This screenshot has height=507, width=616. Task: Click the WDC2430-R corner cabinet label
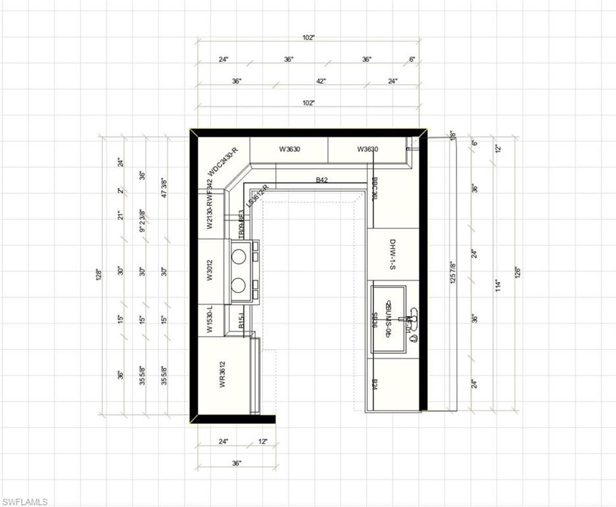[222, 160]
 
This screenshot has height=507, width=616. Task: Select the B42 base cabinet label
[321, 180]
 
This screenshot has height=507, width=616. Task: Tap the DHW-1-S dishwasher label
[392, 253]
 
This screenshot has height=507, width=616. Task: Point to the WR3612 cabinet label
[223, 375]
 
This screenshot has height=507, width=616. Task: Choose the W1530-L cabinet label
[209, 320]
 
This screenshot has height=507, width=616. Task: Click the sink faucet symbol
[412, 321]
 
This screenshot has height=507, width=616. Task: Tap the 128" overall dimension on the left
[100, 273]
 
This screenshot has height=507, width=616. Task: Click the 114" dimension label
[499, 285]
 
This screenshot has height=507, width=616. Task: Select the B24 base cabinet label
[375, 385]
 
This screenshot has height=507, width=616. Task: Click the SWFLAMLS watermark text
[24, 502]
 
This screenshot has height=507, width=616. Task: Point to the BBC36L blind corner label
[375, 188]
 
